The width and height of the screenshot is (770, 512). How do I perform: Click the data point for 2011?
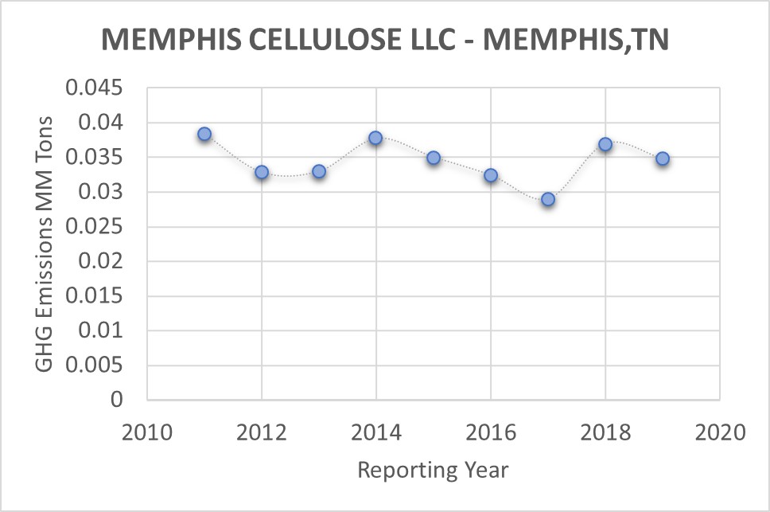click(204, 134)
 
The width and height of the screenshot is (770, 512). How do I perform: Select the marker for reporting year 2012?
click(262, 172)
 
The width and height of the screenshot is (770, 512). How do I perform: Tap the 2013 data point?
click(319, 171)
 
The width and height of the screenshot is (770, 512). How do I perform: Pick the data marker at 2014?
click(375, 138)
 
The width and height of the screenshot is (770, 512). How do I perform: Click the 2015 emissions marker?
click(434, 158)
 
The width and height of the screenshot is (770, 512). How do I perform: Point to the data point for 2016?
click(491, 175)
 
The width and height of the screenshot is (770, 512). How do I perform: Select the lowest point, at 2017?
click(548, 199)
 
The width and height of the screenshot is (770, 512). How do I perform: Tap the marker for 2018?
click(605, 144)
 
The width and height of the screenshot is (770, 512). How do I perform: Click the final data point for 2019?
click(663, 158)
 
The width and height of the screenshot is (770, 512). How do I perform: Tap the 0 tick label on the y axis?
click(117, 400)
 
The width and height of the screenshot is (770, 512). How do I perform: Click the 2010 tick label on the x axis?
click(147, 433)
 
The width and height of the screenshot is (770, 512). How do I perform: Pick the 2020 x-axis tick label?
click(720, 433)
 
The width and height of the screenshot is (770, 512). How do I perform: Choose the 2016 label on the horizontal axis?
click(491, 433)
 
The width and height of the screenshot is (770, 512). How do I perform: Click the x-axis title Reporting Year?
click(433, 470)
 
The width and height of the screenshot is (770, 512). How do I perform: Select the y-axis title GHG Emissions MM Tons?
click(45, 243)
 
